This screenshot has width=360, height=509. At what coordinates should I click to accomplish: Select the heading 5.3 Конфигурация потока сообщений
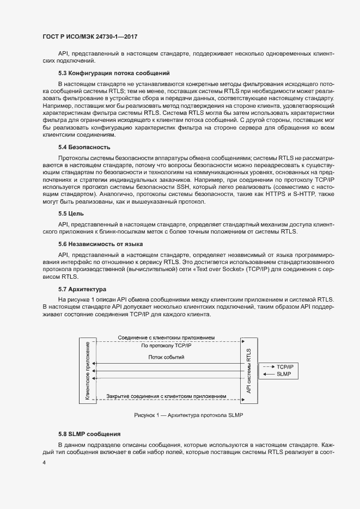click(114, 73)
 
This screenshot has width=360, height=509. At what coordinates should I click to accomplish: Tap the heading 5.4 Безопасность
click(84, 147)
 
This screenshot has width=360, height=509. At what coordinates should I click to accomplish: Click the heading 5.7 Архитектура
click(82, 288)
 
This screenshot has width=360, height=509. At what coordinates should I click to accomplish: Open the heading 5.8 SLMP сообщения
click(89, 434)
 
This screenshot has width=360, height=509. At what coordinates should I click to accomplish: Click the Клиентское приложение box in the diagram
click(87, 370)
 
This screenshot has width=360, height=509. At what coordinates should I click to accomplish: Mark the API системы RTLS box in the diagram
click(249, 370)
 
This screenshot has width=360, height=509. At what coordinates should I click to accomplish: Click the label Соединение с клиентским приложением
click(169, 338)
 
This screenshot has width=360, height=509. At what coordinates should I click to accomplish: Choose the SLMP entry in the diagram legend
click(283, 375)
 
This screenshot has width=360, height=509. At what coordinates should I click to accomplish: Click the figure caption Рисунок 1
click(188, 415)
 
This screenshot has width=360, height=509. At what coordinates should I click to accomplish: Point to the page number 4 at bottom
click(44, 463)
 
